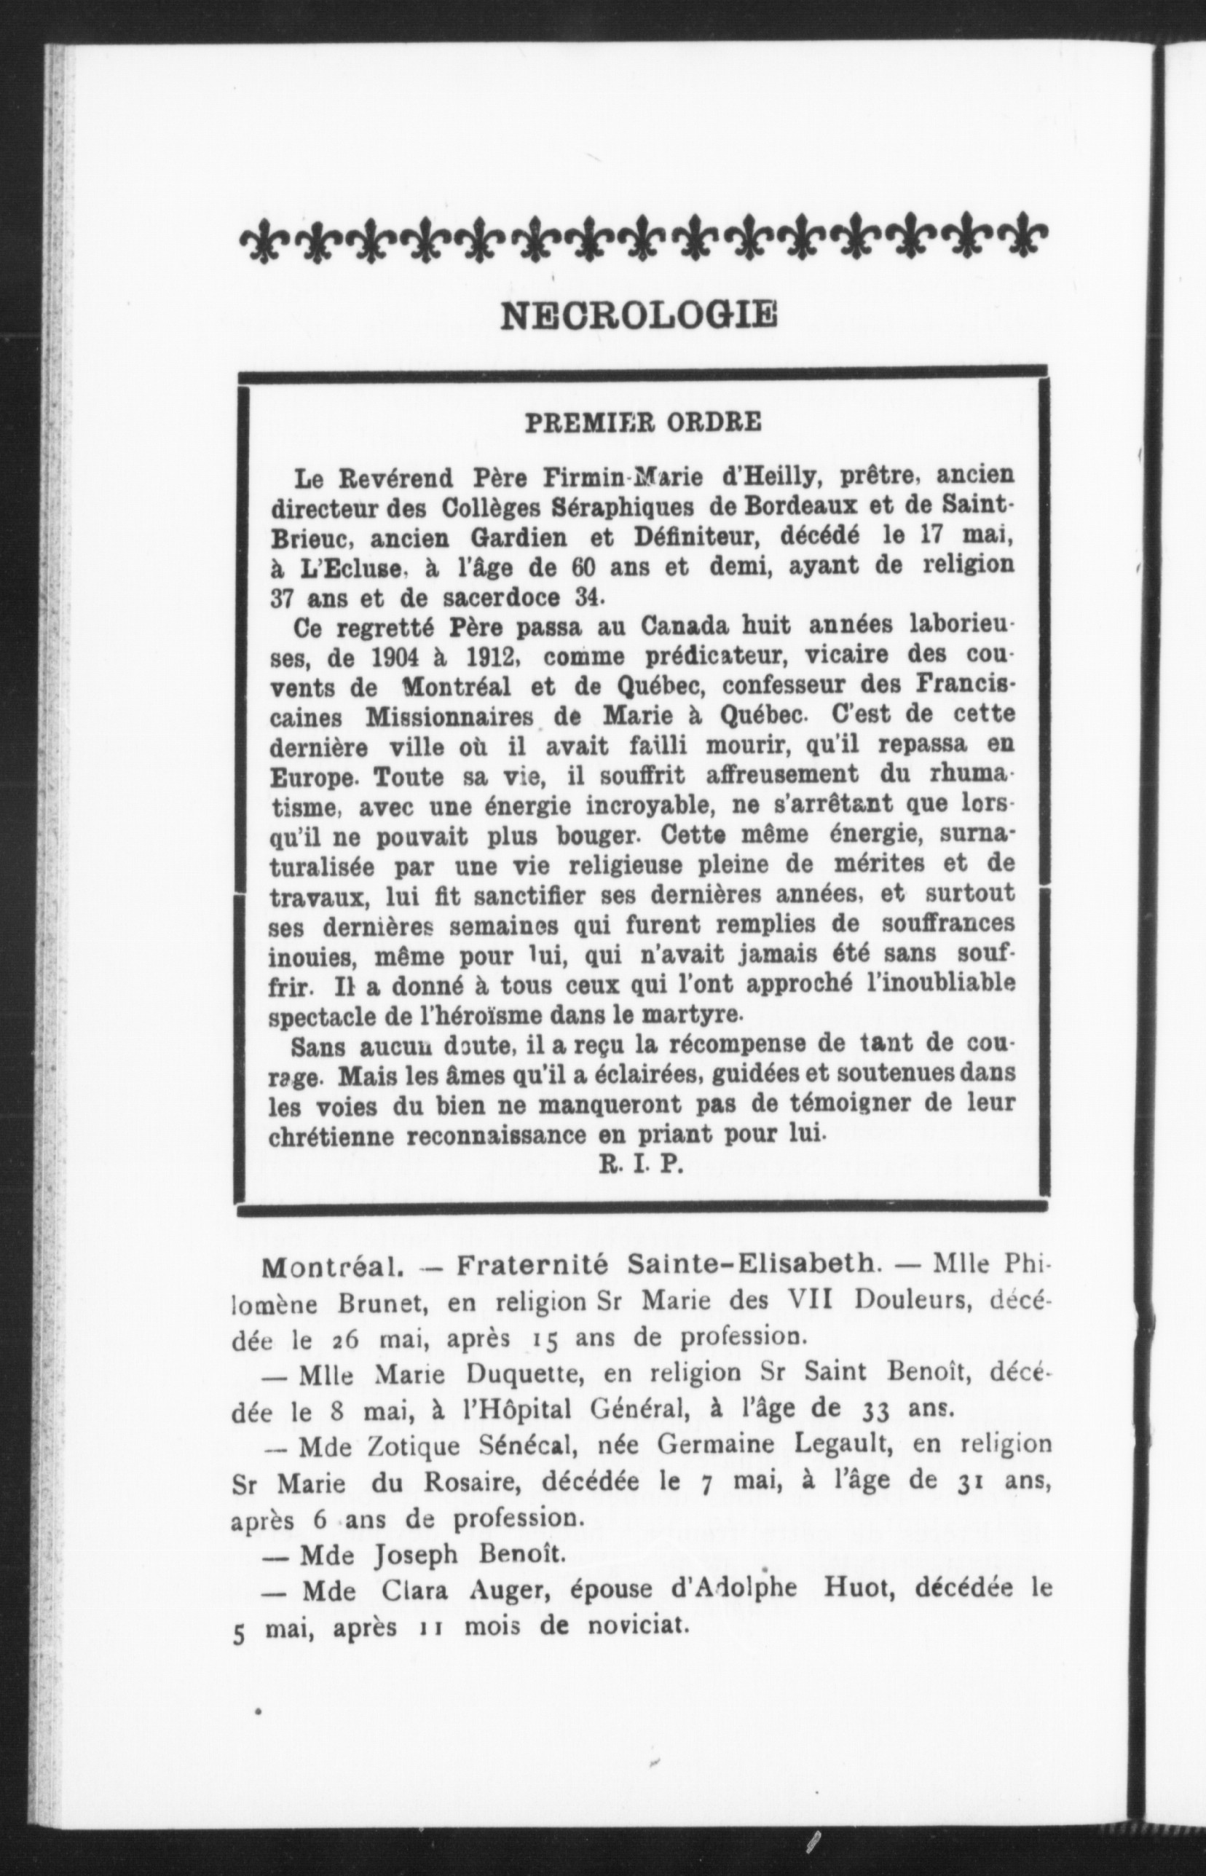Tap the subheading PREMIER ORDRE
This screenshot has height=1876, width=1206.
pyautogui.click(x=642, y=423)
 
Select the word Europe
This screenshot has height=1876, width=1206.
pyautogui.click(x=314, y=779)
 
